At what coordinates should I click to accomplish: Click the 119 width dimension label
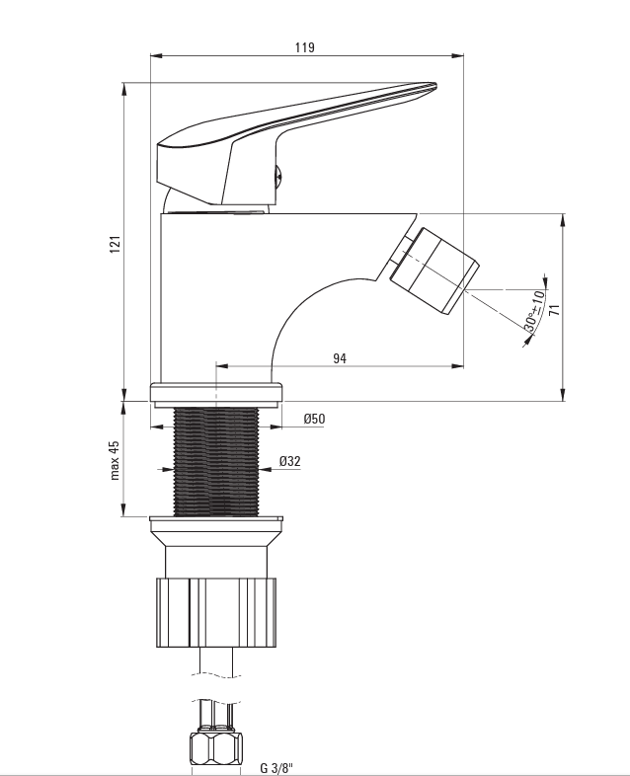pyautogui.click(x=305, y=46)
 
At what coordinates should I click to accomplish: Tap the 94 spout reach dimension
pyautogui.click(x=339, y=358)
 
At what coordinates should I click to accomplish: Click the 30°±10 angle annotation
pyautogui.click(x=534, y=312)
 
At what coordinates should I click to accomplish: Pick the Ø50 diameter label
pyautogui.click(x=314, y=419)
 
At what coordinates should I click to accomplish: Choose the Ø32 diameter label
pyautogui.click(x=289, y=461)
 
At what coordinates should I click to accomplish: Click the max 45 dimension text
pyautogui.click(x=114, y=459)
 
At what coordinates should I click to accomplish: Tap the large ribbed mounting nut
pyautogui.click(x=216, y=612)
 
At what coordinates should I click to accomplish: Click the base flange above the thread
pyautogui.click(x=216, y=392)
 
